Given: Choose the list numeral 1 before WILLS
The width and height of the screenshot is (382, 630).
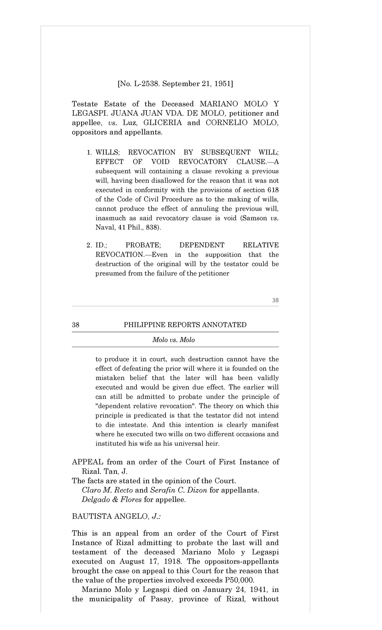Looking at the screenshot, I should click(x=89, y=152).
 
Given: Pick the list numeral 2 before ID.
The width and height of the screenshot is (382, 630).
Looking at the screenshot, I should click(x=89, y=245).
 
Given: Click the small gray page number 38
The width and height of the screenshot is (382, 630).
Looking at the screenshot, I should click(x=275, y=300).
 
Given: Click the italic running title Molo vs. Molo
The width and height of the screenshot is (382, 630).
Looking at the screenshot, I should click(x=173, y=340).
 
